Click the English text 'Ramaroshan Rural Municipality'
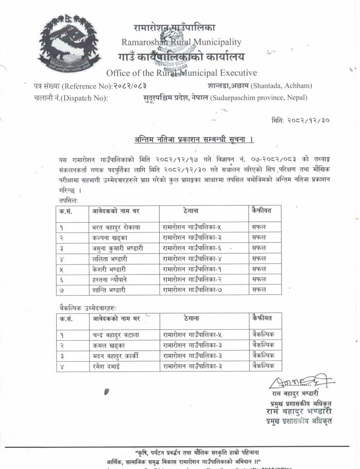(x=181, y=42)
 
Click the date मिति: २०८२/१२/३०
(x=300, y=121)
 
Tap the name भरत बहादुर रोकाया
(x=116, y=227)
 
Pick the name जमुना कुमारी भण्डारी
(x=117, y=248)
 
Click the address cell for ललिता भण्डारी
(x=192, y=258)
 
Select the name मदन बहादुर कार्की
(x=116, y=356)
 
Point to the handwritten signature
(x=298, y=382)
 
